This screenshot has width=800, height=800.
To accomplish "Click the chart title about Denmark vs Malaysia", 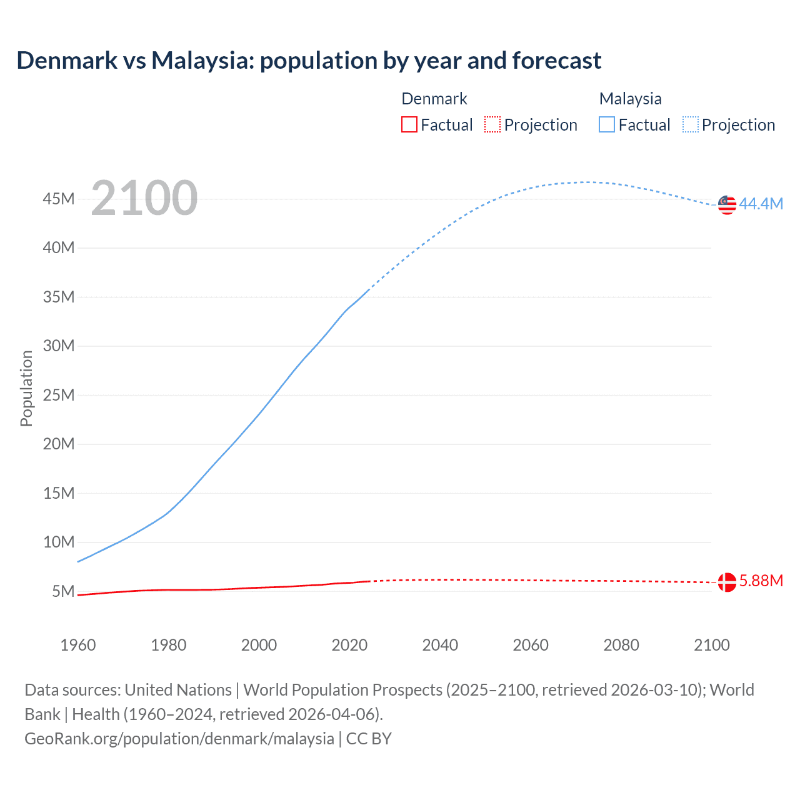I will [309, 61].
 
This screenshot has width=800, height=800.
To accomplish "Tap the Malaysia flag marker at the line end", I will [727, 204].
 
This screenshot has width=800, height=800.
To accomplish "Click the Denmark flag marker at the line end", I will [727, 582].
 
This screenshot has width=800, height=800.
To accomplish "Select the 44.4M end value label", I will [761, 204].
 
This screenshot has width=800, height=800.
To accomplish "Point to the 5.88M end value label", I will [761, 581].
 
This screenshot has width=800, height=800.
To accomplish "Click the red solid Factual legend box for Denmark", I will [409, 124].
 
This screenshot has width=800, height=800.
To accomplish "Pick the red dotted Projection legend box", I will [492, 124].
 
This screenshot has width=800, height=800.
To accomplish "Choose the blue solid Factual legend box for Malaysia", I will [607, 124].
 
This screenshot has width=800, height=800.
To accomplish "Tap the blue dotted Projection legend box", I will [690, 124].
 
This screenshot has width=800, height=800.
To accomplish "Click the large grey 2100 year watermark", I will [144, 199].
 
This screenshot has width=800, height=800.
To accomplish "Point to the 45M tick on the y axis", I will [59, 199].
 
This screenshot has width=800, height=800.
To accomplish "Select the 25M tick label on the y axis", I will [59, 395].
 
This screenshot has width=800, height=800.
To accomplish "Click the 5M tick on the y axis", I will [63, 591].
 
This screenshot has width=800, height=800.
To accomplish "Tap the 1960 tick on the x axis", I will [78, 645].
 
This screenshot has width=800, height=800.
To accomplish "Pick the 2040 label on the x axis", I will [440, 645].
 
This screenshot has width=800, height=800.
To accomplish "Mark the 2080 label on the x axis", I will [621, 645].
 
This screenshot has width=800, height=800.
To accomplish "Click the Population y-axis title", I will [26, 388].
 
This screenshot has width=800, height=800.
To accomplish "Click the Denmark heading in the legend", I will [434, 99].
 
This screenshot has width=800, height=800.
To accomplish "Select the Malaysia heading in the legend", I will [630, 99].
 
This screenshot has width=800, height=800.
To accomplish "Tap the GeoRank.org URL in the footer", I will [179, 739].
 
